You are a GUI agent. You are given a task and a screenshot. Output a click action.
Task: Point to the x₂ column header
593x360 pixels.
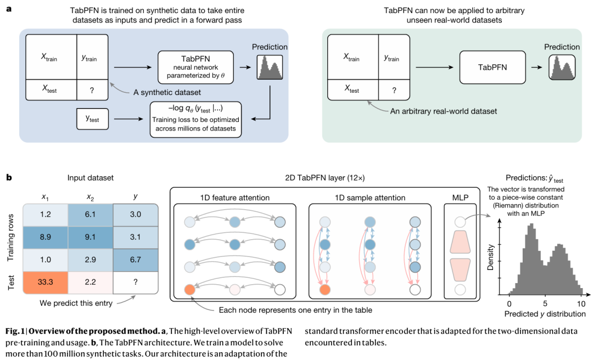[x=89, y=196]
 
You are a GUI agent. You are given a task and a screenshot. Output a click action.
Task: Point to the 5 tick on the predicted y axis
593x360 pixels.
[x=545, y=303]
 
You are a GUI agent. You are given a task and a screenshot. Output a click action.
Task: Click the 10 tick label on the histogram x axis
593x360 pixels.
[x=580, y=303]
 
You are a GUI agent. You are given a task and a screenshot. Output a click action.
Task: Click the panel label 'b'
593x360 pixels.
[x=9, y=178]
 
